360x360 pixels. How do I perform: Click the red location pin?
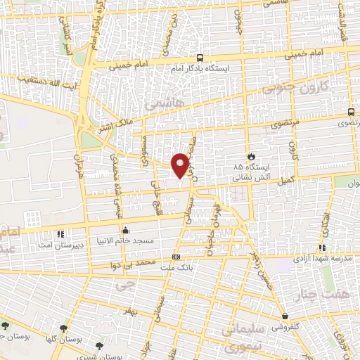[x=182, y=165]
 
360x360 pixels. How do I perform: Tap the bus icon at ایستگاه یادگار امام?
[x=201, y=58]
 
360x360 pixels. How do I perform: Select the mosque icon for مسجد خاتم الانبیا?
[x=125, y=229]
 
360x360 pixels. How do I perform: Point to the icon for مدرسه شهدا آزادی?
[x=321, y=247]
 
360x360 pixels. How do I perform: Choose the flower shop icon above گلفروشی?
[x=285, y=316]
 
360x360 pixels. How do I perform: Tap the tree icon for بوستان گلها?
[x=64, y=328]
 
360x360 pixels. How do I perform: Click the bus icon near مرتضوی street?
[x=351, y=112]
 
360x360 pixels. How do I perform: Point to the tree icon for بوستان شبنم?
[x=99, y=346]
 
